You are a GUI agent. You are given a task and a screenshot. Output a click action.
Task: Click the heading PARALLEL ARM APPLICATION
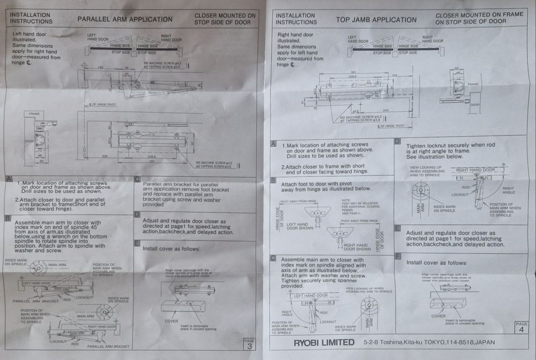pyautogui.click(x=125, y=19)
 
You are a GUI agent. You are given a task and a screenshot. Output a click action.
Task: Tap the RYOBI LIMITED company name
pyautogui.click(x=324, y=342)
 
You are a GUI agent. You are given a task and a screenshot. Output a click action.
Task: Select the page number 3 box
pyautogui.click(x=249, y=343)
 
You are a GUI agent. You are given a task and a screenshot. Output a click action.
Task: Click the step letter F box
pyautogui.click(x=397, y=256)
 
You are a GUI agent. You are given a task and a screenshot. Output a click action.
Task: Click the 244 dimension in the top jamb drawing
pyautogui.click(x=386, y=110)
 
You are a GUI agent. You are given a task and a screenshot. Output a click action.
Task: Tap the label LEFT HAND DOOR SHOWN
pyautogui.click(x=300, y=226)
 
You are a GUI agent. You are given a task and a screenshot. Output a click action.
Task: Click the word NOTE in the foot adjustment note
pyautogui.click(x=345, y=199)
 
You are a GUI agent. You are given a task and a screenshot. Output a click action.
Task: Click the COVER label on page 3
pyautogui.click(x=171, y=321)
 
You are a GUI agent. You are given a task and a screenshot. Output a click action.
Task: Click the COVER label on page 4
pyautogui.click(x=438, y=316)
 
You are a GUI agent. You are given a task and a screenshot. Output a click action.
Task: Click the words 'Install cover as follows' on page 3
pyautogui.click(x=171, y=249)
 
